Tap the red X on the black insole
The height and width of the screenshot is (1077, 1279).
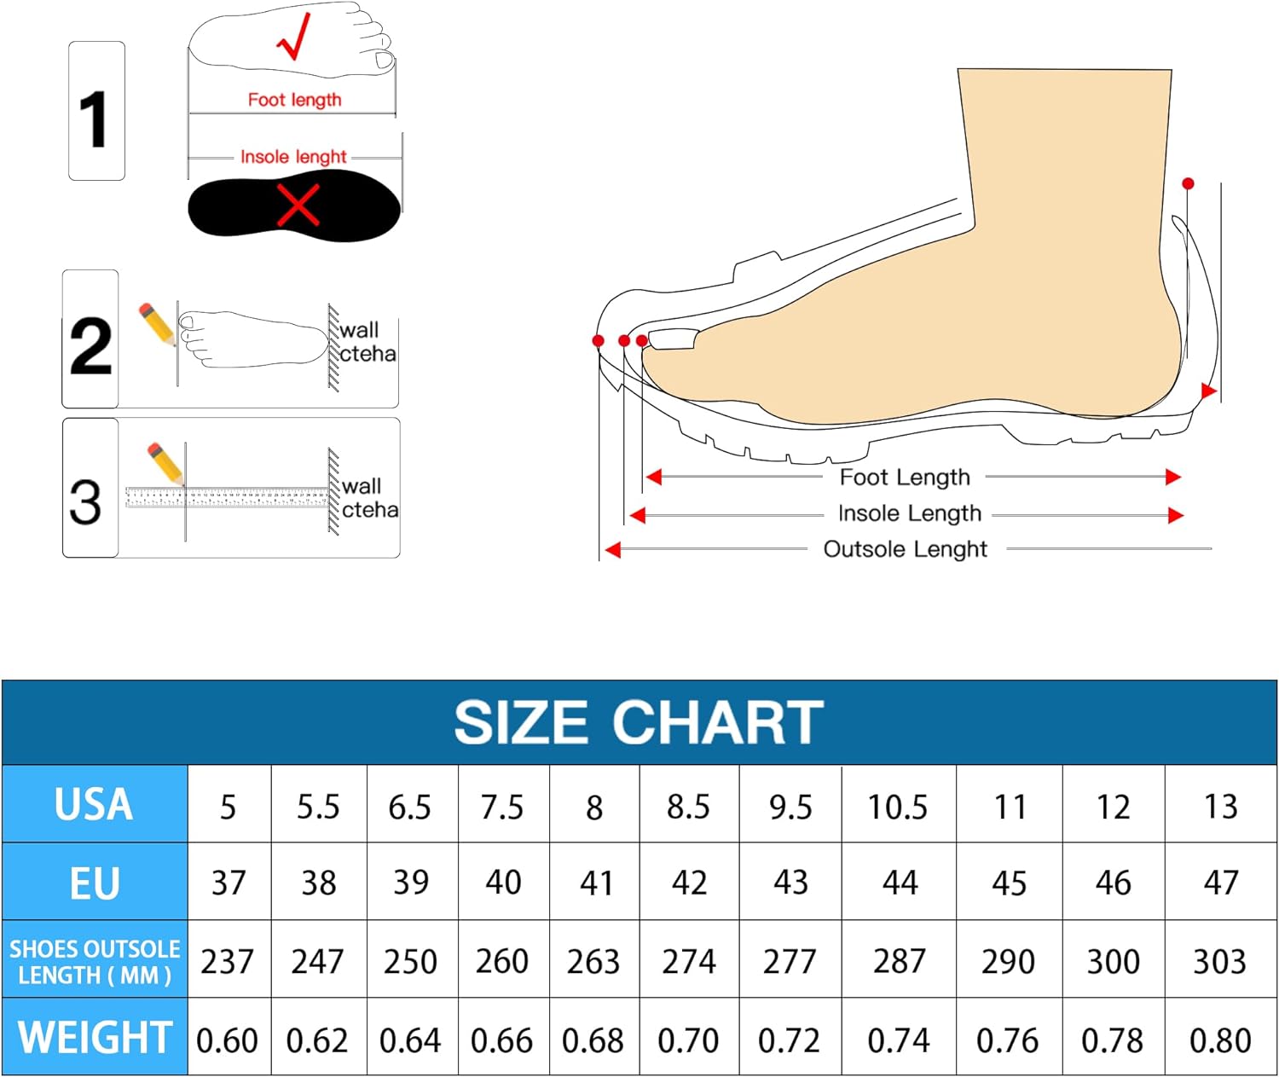(298, 205)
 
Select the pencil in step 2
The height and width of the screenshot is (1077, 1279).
(158, 325)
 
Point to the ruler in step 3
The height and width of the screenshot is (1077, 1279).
(227, 497)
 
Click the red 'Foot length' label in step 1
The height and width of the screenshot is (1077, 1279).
(295, 100)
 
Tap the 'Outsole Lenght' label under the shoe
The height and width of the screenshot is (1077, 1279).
(905, 549)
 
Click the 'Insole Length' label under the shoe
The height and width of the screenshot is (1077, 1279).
(910, 513)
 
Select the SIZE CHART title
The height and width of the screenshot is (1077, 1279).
(639, 723)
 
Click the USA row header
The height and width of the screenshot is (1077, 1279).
(95, 804)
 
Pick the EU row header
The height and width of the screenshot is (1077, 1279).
(95, 883)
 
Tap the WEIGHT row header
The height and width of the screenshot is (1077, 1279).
(95, 1037)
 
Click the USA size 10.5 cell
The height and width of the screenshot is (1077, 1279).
(898, 804)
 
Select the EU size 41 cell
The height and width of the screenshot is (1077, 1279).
(595, 883)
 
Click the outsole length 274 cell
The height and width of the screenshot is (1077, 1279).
(689, 960)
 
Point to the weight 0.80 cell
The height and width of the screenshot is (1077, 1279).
(1220, 1038)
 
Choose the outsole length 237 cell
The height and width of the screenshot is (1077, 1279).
(228, 960)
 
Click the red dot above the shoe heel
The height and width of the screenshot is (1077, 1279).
(1189, 183)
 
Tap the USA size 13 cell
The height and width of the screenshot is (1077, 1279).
(1220, 804)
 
